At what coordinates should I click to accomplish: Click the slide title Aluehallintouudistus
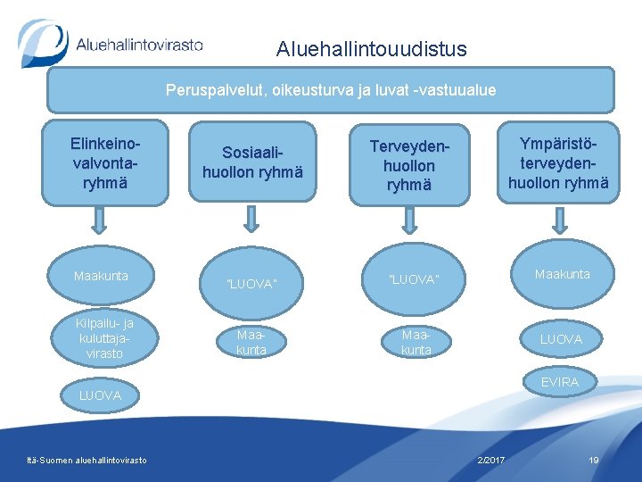coord(371,49)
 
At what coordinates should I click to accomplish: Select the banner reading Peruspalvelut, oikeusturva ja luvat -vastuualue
coord(331,90)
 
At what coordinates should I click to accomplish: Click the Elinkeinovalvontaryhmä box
coord(105,162)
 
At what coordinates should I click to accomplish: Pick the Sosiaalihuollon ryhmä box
coord(252,163)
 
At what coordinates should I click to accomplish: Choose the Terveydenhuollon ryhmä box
coord(409,165)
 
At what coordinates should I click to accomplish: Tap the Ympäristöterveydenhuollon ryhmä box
coord(558,162)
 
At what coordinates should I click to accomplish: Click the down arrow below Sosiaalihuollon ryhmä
coord(252,219)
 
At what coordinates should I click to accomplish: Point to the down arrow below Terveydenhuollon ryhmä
coord(409,220)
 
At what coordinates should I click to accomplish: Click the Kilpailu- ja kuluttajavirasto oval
coord(105,338)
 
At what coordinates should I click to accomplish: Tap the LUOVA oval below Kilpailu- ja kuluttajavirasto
coord(100,395)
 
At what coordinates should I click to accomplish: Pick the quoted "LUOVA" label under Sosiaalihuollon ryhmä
coord(252,284)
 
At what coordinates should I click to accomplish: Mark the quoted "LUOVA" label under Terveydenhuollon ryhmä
coord(414,280)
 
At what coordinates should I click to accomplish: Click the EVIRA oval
coord(559,382)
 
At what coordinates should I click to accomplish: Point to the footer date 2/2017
coord(490,460)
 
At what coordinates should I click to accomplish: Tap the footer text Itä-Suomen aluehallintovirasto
coord(87,460)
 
